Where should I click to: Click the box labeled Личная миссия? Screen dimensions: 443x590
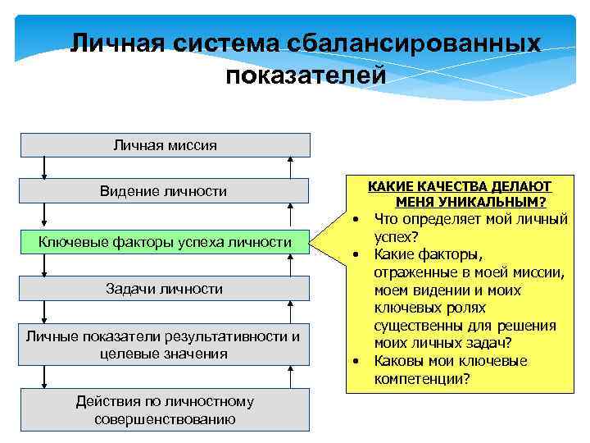coord(165,145)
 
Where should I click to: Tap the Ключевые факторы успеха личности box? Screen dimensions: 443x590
coord(165,242)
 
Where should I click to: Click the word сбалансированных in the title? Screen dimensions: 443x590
coord(414,43)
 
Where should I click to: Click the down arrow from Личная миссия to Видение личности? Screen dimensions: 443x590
coord(44,167)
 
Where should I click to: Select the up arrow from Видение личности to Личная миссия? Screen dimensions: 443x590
coord(289,167)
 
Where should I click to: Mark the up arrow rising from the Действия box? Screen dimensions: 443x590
coord(289,377)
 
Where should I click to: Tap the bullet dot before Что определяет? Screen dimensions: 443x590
coord(357,220)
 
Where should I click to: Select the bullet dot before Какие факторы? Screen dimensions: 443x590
coord(357,255)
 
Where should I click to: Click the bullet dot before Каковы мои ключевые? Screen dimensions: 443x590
coord(357,362)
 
